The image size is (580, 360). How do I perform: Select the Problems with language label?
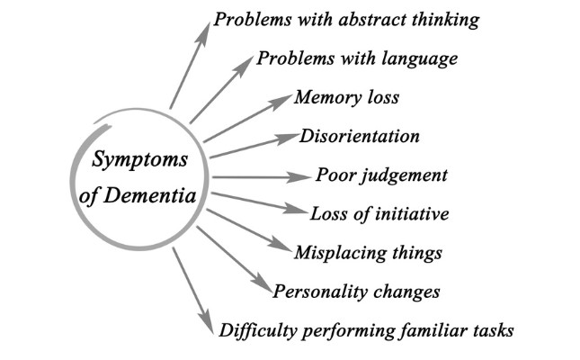pos(358,59)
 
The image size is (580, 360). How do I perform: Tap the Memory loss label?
pos(346,97)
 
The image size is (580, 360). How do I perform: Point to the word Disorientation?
pos(361,137)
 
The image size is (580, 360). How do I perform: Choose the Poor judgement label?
pos(381,175)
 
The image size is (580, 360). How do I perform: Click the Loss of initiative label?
pos(379,214)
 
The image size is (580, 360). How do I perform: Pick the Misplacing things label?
pos(369,253)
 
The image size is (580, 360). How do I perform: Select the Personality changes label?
pos(357,292)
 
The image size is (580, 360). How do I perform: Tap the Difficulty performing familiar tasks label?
pos(366,330)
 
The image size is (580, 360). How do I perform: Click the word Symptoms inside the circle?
pos(139,161)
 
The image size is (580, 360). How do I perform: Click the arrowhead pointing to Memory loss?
pos(285,97)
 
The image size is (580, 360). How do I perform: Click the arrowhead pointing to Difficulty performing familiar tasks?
pos(208,327)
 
